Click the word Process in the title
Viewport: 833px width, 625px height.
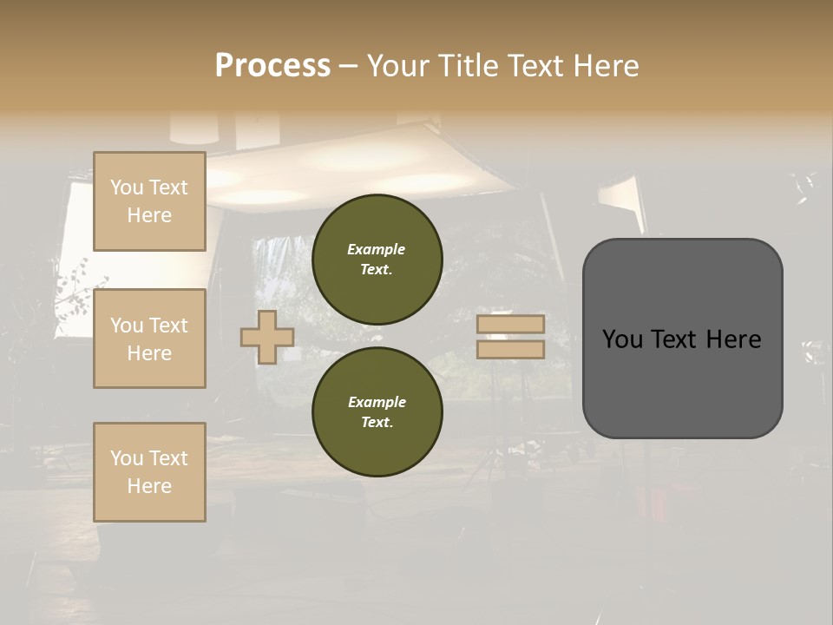coord(272,66)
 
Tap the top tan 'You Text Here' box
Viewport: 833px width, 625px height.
coord(149,201)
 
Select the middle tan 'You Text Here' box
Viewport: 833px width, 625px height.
coord(149,339)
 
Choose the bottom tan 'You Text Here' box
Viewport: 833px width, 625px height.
coord(149,472)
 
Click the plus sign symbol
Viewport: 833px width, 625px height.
coord(267,337)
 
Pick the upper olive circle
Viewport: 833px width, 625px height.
coord(377,259)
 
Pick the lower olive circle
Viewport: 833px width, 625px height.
coord(377,411)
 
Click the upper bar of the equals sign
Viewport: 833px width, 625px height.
coord(510,325)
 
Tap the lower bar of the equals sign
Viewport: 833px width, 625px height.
coord(510,350)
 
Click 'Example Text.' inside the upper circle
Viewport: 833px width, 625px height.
coord(377,259)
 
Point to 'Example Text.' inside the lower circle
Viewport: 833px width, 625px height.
coord(377,411)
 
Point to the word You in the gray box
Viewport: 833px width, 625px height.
coord(622,339)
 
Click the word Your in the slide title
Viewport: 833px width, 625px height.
coord(397,66)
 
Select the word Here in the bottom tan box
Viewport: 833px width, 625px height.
coord(149,486)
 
